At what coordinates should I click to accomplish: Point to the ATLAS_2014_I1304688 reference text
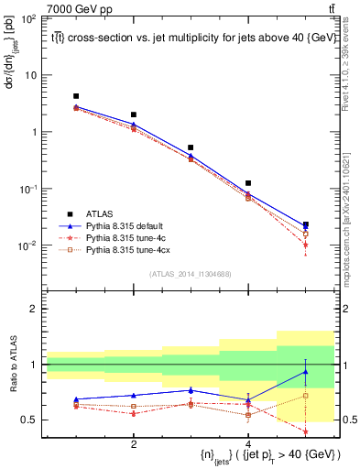click(x=191, y=274)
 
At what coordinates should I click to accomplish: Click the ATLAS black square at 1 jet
click(x=76, y=96)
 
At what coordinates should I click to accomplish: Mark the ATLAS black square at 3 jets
click(x=191, y=147)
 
